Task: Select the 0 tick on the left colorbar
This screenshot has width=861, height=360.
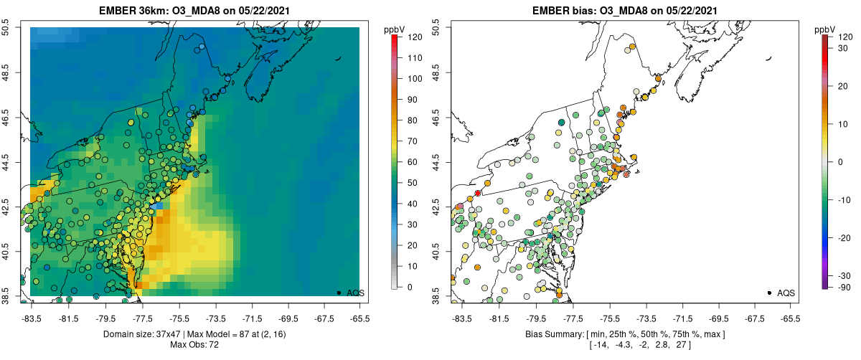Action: tap(409, 287)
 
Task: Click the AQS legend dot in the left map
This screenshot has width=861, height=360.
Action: tap(339, 293)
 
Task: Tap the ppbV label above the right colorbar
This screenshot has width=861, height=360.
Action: tap(826, 29)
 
